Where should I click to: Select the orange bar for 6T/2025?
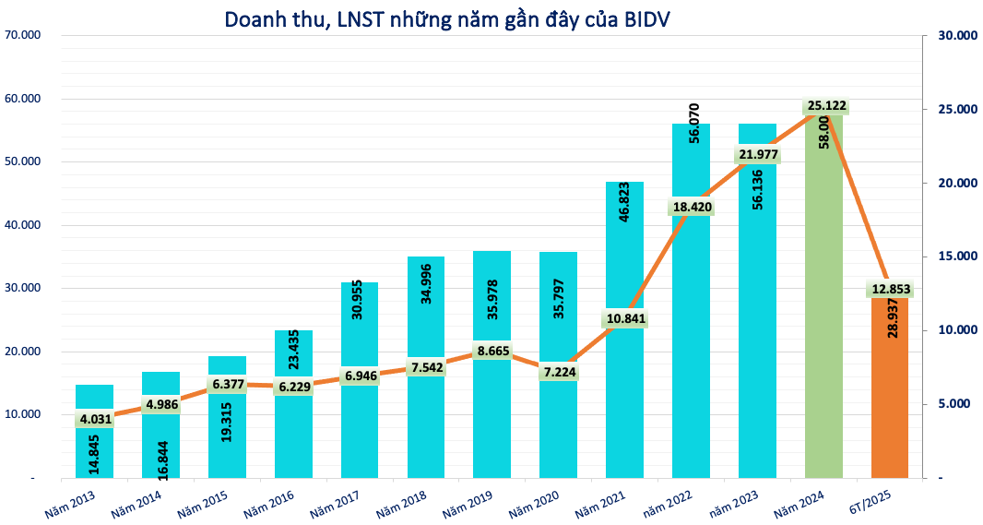pyautogui.click(x=889, y=406)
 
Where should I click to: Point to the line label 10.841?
pyautogui.click(x=625, y=319)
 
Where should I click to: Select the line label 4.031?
pyautogui.click(x=95, y=419)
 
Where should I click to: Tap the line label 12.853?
pyautogui.click(x=891, y=289)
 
